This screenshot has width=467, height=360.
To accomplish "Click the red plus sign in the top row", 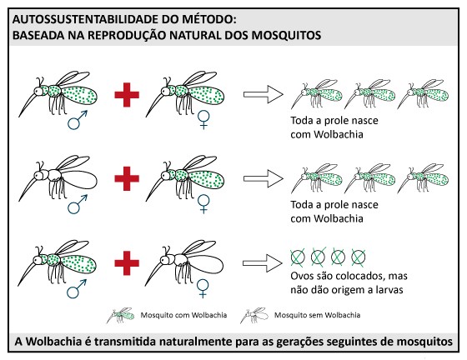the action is point(127,95).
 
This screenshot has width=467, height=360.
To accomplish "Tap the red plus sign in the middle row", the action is point(127,178).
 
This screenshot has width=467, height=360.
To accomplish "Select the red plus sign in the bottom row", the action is point(127,263).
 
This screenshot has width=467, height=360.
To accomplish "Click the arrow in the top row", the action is point(264,95).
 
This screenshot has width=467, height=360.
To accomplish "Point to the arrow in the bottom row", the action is point(263,263).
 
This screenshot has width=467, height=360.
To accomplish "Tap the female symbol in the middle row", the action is point(203,204).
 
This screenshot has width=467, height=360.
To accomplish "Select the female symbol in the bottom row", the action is point(203,288).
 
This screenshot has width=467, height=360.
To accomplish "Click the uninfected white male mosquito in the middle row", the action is point(58,177).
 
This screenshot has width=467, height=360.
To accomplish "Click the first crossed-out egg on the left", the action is point(298,257).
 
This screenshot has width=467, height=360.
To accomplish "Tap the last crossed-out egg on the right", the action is point(358,257).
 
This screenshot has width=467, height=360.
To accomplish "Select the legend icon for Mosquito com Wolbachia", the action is point(121,315).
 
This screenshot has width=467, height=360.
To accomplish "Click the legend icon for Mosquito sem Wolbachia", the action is point(254,315).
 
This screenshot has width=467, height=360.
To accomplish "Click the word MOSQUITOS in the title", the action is point(286,35).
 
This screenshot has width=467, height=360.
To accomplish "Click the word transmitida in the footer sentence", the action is point(125,342).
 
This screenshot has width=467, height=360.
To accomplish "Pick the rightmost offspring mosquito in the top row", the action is point(423,93).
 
